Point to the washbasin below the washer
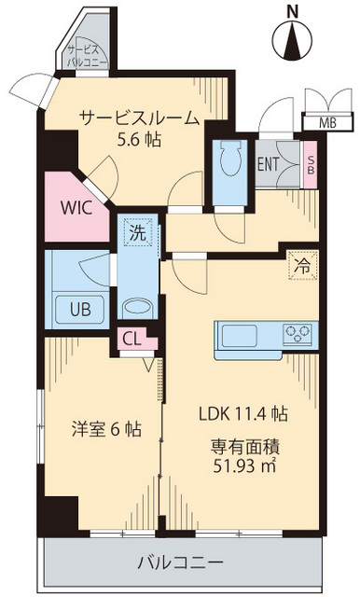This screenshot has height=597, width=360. (x=137, y=308)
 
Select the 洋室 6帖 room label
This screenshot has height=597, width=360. (x=107, y=430)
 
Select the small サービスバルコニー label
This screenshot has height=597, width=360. (x=86, y=57)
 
